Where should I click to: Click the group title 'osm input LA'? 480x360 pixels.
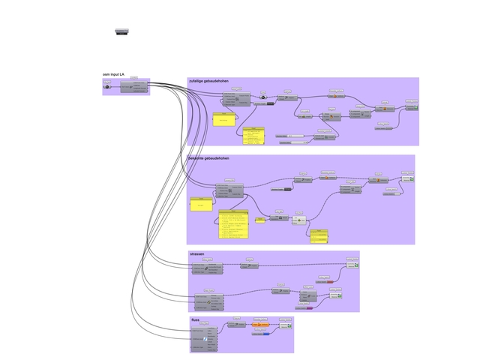point(114,75)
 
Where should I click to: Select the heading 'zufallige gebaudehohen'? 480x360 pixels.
point(209,80)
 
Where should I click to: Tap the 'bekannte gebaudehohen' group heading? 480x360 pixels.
point(209,159)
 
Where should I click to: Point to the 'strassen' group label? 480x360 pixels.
point(197,254)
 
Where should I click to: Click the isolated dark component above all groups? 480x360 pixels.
point(122,31)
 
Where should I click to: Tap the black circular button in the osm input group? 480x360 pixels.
point(107,87)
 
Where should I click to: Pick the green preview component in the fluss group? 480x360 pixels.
point(285,327)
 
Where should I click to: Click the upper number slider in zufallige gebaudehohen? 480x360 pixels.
point(289,135)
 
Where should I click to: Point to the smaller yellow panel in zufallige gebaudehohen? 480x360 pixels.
point(223,119)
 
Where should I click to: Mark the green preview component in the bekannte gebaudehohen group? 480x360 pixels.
point(406,179)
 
